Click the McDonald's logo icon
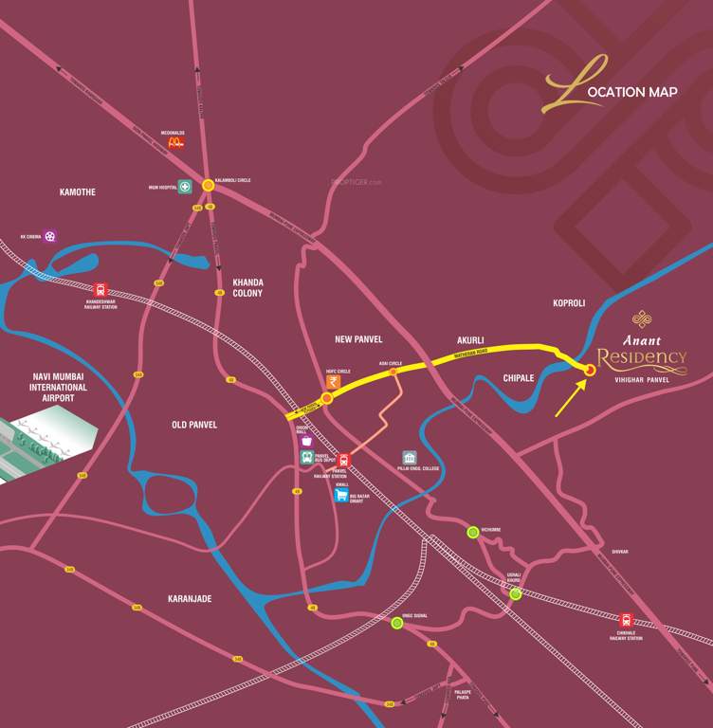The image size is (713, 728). tap(174, 142)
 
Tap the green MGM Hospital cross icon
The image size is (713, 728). tap(186, 187)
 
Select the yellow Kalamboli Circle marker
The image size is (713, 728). tap(207, 186)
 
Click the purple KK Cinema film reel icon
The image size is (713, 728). tap(49, 236)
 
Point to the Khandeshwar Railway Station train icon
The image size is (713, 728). tap(101, 290)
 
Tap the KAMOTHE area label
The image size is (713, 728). tap(78, 192)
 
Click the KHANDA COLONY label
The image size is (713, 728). tap(247, 288)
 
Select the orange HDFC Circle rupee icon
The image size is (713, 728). tap(333, 381)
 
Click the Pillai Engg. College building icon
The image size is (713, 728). tap(410, 458)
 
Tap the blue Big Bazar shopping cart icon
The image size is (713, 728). tap(341, 494)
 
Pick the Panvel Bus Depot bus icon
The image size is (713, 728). tap(307, 457)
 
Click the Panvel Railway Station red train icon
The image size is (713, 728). tap(343, 460)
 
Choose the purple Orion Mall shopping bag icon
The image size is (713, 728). tap(306, 441)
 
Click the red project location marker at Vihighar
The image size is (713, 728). tap(590, 371)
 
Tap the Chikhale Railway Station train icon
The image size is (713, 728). tap(626, 620)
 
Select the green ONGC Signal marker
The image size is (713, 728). tap(397, 623)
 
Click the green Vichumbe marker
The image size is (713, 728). tap(472, 532)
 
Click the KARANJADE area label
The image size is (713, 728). tap(190, 599)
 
